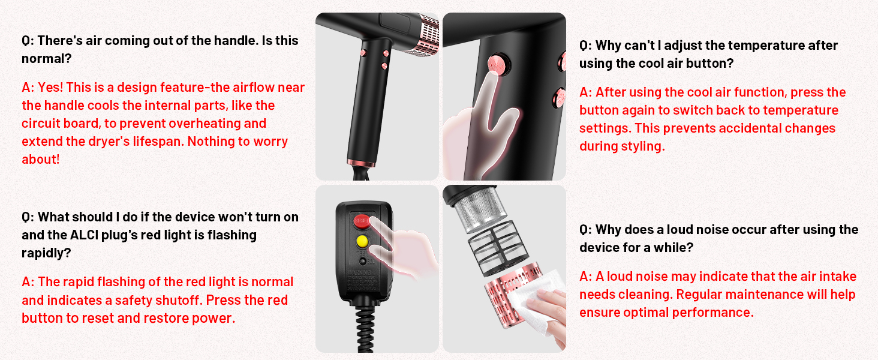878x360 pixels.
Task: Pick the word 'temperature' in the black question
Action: [802, 46]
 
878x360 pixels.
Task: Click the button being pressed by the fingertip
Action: [498, 62]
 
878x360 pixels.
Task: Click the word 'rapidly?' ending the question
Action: [46, 253]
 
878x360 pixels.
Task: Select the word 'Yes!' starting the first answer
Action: [52, 88]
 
